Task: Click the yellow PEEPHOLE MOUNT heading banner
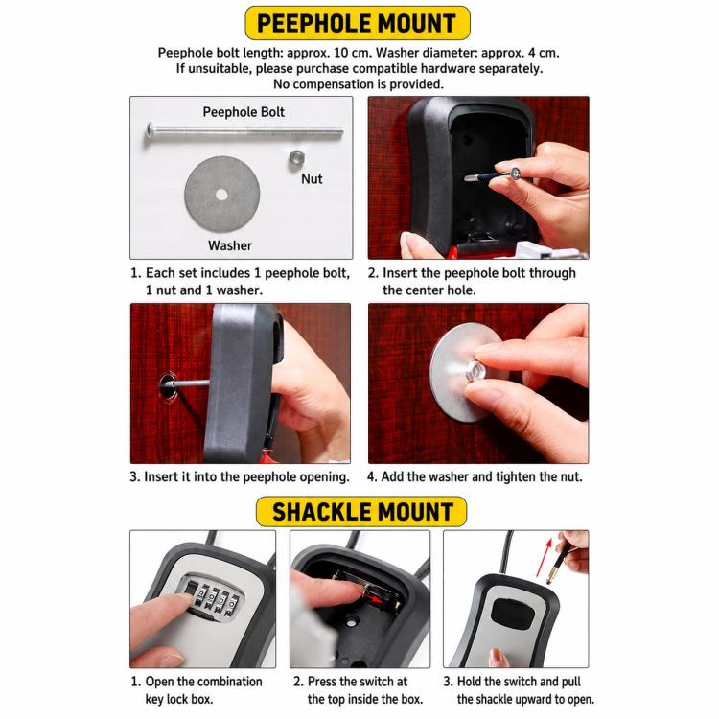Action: [x=358, y=23]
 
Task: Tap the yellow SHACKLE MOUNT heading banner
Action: [x=361, y=511]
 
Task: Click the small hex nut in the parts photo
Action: [x=296, y=159]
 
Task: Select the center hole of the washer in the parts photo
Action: [x=221, y=195]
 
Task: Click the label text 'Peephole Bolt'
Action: [x=244, y=112]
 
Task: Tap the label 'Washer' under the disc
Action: [x=230, y=245]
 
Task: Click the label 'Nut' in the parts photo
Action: [x=312, y=179]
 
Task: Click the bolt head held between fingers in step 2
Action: [x=515, y=173]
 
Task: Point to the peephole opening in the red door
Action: [x=168, y=385]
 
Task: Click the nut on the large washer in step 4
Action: [x=475, y=370]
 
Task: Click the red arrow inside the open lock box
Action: [x=376, y=599]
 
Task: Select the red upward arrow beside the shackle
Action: [x=544, y=557]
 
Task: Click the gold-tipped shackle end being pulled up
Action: [x=554, y=567]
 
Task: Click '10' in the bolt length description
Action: [x=341, y=53]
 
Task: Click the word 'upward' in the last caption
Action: [x=530, y=699]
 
